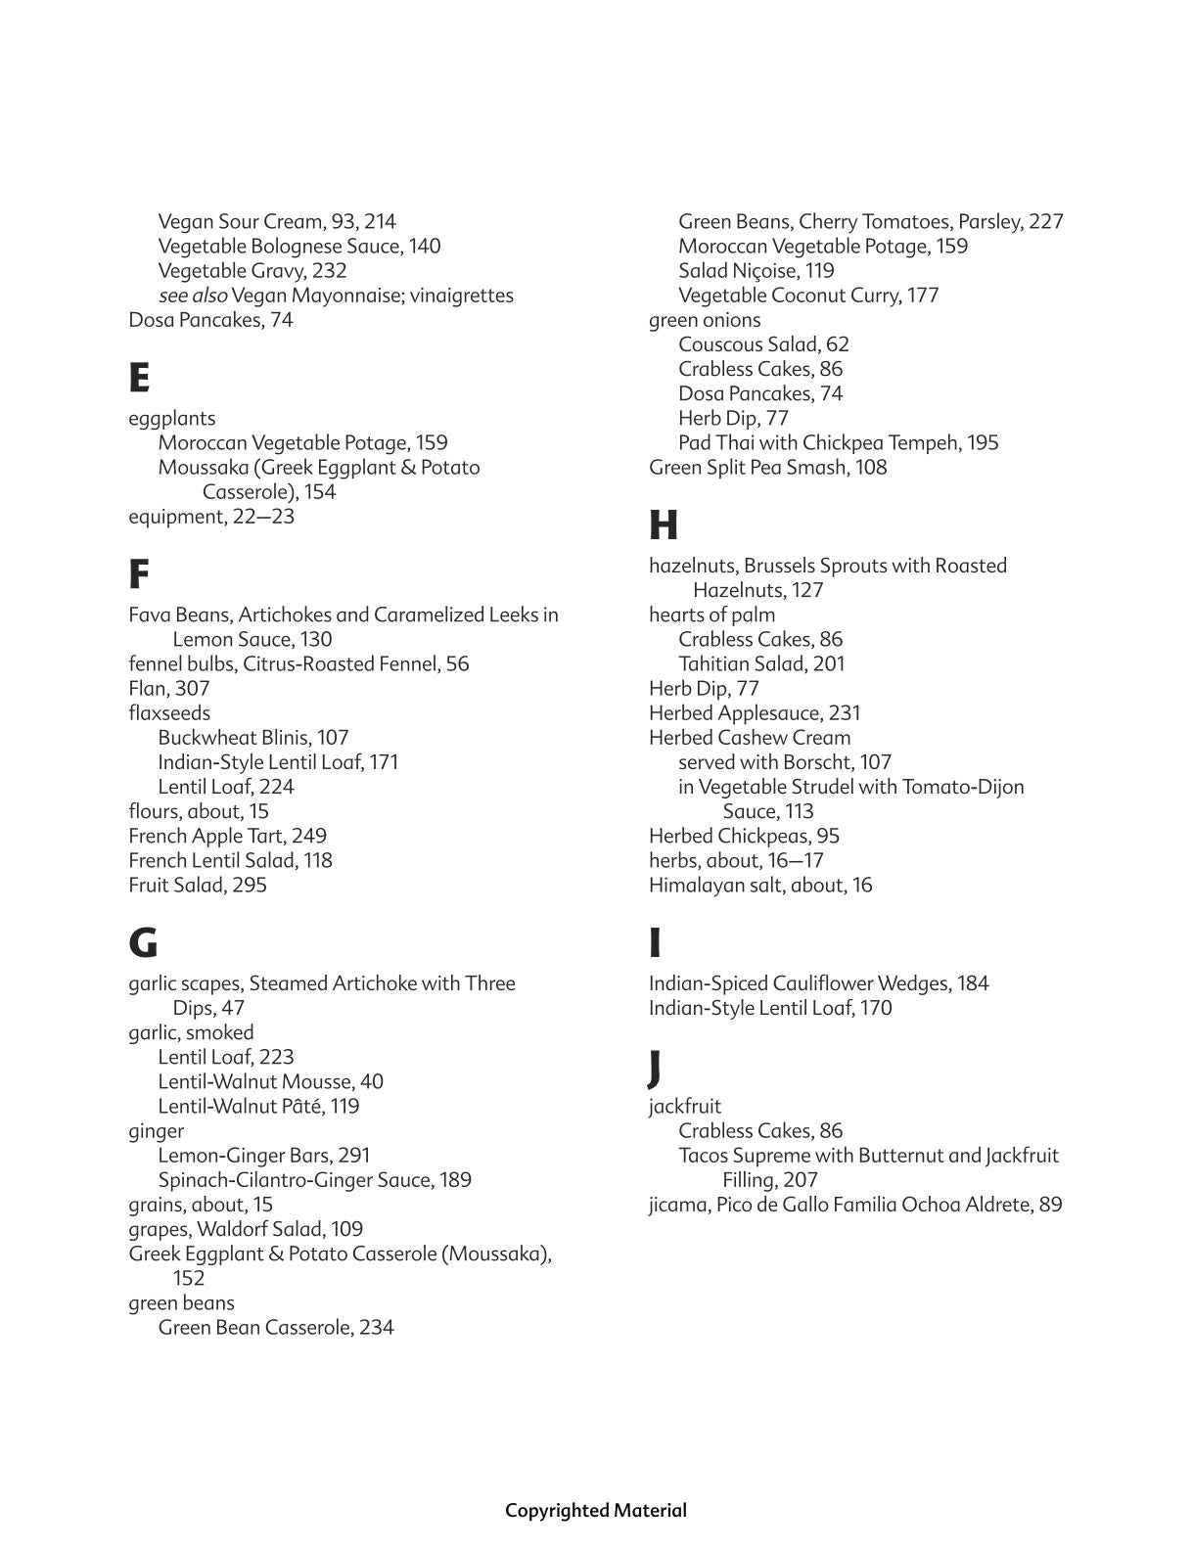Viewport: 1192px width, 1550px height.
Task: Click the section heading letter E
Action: click(x=139, y=377)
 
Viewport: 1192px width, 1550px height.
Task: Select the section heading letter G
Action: click(x=143, y=942)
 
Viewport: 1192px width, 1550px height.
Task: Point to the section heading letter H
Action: click(x=663, y=525)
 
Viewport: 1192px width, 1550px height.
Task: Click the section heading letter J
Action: click(x=655, y=1067)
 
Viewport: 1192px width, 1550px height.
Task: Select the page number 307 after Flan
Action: click(x=192, y=689)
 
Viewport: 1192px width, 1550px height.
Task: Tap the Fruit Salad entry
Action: click(x=197, y=886)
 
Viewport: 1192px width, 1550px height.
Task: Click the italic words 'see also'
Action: click(x=193, y=296)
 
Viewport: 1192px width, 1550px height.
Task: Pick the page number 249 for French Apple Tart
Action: click(x=308, y=837)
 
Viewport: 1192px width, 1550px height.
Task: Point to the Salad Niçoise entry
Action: click(x=756, y=271)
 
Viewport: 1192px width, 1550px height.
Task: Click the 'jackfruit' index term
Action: click(x=685, y=1107)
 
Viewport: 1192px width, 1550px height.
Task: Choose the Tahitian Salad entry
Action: click(x=760, y=664)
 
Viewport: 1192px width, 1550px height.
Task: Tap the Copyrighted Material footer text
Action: click(x=595, y=1511)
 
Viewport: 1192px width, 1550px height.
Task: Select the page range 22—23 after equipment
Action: click(x=263, y=517)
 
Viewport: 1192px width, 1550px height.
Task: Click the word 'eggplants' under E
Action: click(x=172, y=419)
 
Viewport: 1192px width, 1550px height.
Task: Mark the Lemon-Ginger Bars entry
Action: click(x=263, y=1156)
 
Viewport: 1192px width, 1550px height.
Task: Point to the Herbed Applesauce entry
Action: click(x=754, y=713)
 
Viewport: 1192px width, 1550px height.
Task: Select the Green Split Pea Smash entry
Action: click(x=767, y=468)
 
